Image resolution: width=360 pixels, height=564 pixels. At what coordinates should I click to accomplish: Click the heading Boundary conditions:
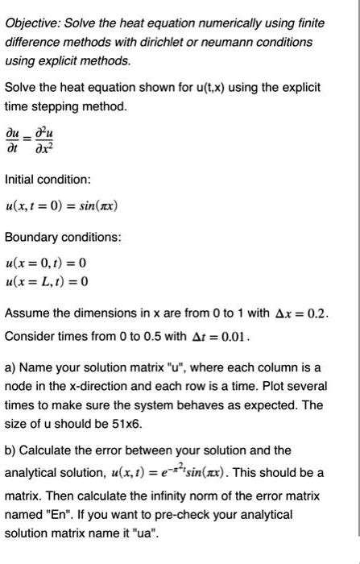point(64,238)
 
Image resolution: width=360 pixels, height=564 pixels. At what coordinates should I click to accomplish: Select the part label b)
point(12,450)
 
